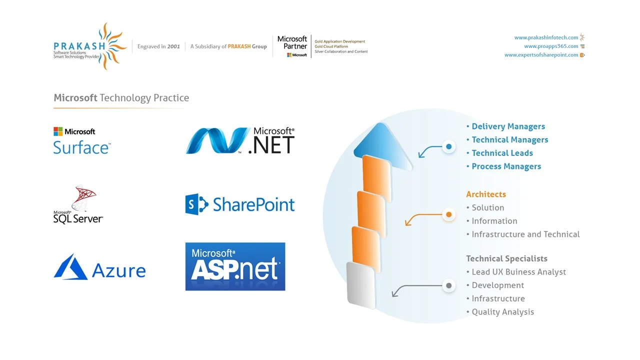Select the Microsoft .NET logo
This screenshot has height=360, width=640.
coord(240,140)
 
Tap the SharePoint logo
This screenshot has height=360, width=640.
coord(240,204)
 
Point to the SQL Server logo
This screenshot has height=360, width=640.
coord(78,204)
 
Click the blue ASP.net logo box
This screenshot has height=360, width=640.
coord(235,266)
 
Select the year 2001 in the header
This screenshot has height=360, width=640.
coord(173,46)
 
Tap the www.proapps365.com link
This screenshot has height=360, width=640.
coord(551,46)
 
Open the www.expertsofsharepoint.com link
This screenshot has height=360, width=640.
coord(541,55)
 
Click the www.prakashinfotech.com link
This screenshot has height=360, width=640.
coord(546,37)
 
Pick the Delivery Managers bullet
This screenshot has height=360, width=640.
coord(508,126)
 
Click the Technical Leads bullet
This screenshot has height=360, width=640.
coord(502,153)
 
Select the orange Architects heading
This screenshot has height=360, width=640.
coord(486,194)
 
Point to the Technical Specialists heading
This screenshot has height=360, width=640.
coord(506,258)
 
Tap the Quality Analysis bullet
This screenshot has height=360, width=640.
coord(502,312)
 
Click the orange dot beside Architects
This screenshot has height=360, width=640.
coord(449,215)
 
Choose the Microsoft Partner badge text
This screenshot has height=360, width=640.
coord(292,43)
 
